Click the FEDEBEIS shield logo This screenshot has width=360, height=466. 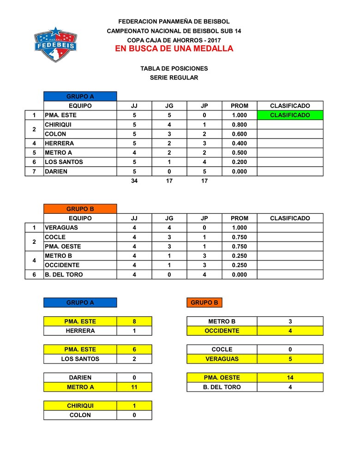click(55, 45)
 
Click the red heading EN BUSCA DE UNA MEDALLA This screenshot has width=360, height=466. click(174, 49)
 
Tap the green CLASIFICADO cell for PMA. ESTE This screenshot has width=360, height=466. click(290, 115)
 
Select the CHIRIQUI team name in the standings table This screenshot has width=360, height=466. click(58, 125)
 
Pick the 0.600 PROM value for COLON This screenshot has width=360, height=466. click(239, 134)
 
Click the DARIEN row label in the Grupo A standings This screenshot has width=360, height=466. click(56, 171)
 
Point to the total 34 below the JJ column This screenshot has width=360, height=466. click(134, 181)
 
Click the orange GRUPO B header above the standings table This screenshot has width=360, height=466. click(80, 209)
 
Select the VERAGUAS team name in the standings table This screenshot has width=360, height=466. click(61, 228)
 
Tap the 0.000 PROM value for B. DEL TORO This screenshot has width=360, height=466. click(239, 275)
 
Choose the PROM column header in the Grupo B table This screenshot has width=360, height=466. click(239, 218)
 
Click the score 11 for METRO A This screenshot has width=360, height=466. click(134, 387)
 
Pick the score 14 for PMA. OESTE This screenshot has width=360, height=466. click(290, 377)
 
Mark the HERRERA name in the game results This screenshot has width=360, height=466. click(80, 331)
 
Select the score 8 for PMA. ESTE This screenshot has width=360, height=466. click(134, 321)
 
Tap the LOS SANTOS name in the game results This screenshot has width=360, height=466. click(80, 359)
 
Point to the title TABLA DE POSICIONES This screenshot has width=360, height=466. click(174, 68)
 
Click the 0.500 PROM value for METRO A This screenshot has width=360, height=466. click(239, 153)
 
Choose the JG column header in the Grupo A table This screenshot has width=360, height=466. click(169, 106)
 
